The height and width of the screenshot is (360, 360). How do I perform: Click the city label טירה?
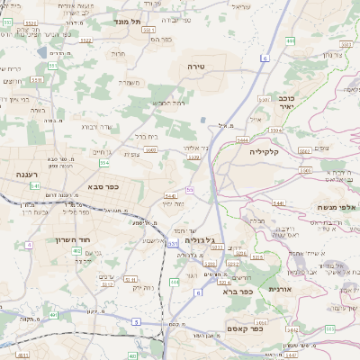[x=197, y=67]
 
